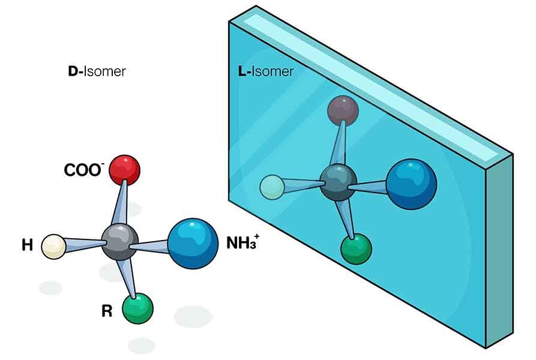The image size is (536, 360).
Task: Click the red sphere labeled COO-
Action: (x=124, y=170)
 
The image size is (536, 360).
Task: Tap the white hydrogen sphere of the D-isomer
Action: (x=53, y=247)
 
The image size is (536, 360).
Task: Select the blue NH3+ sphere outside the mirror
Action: (x=193, y=244)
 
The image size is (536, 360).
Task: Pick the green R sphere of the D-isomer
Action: (x=137, y=308)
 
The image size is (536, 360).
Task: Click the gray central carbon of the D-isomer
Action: (x=119, y=242)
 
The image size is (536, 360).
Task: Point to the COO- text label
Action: (x=83, y=170)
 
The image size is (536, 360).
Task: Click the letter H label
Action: (x=27, y=245)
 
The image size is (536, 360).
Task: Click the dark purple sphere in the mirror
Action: (x=343, y=110)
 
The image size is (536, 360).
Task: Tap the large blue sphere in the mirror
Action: (x=411, y=184)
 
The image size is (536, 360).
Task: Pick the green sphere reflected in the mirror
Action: (x=356, y=249)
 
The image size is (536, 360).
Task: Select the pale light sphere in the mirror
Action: (x=272, y=187)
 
